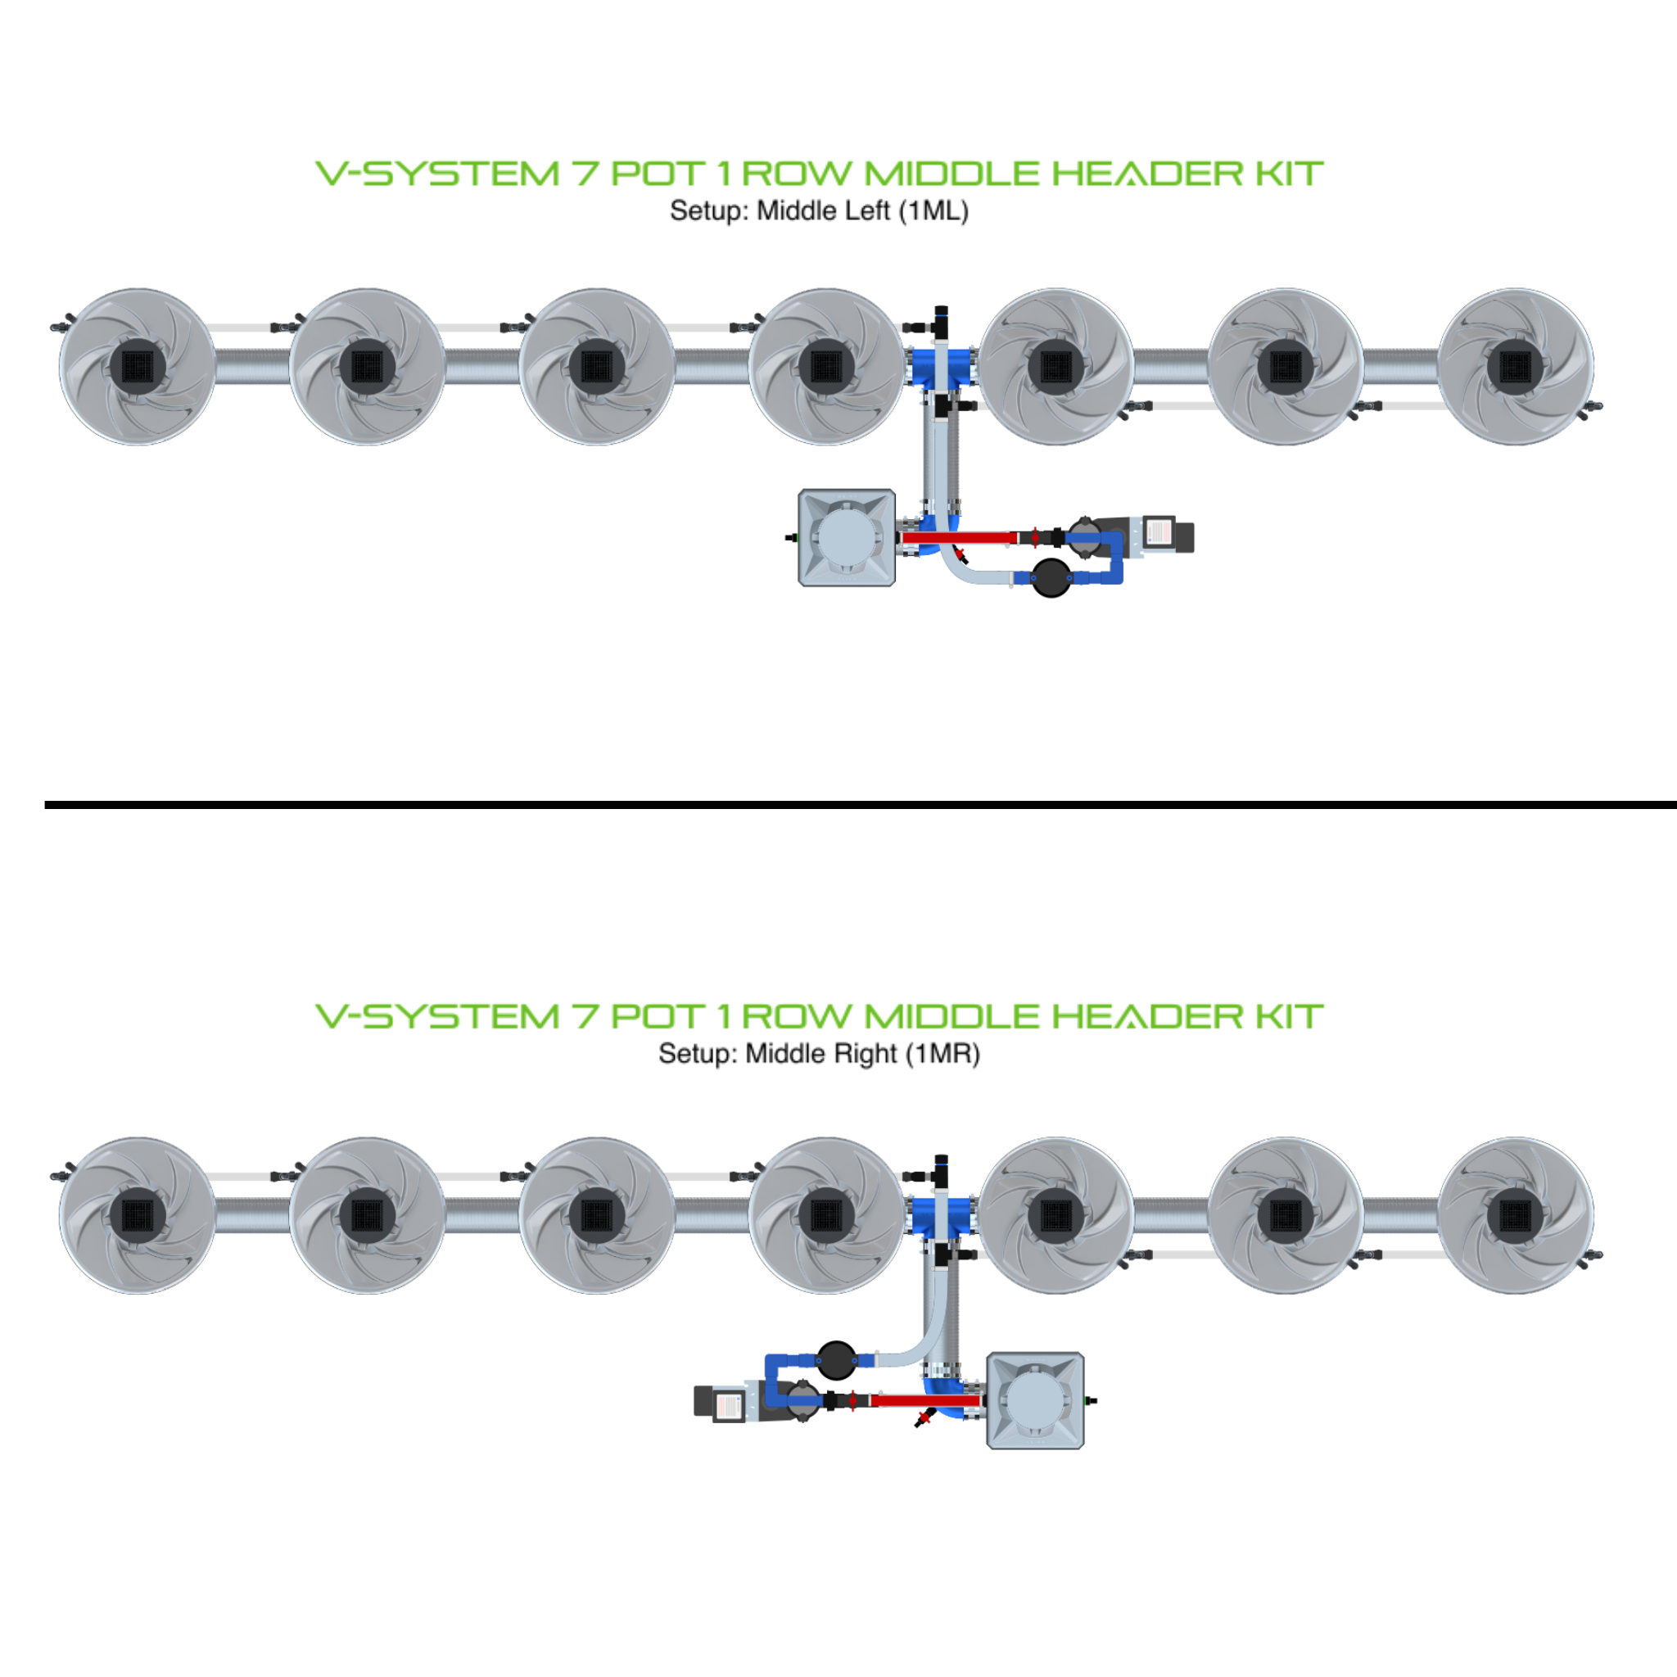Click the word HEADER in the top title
click(x=1147, y=174)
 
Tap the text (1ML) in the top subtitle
click(x=933, y=211)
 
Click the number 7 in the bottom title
click(x=584, y=1016)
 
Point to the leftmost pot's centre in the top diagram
click(x=137, y=366)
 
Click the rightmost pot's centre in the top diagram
click(x=1515, y=366)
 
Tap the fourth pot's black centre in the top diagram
click(x=825, y=366)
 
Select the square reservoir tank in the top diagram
click(x=847, y=537)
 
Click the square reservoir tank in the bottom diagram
click(x=1035, y=1400)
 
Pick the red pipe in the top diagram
click(x=959, y=538)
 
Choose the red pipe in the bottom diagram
click(x=925, y=1400)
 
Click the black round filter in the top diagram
click(x=1051, y=577)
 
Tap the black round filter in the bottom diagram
click(x=836, y=1360)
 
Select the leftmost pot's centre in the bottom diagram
click(x=137, y=1215)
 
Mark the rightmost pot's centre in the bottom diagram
click(x=1515, y=1215)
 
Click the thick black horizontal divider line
click(x=859, y=805)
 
